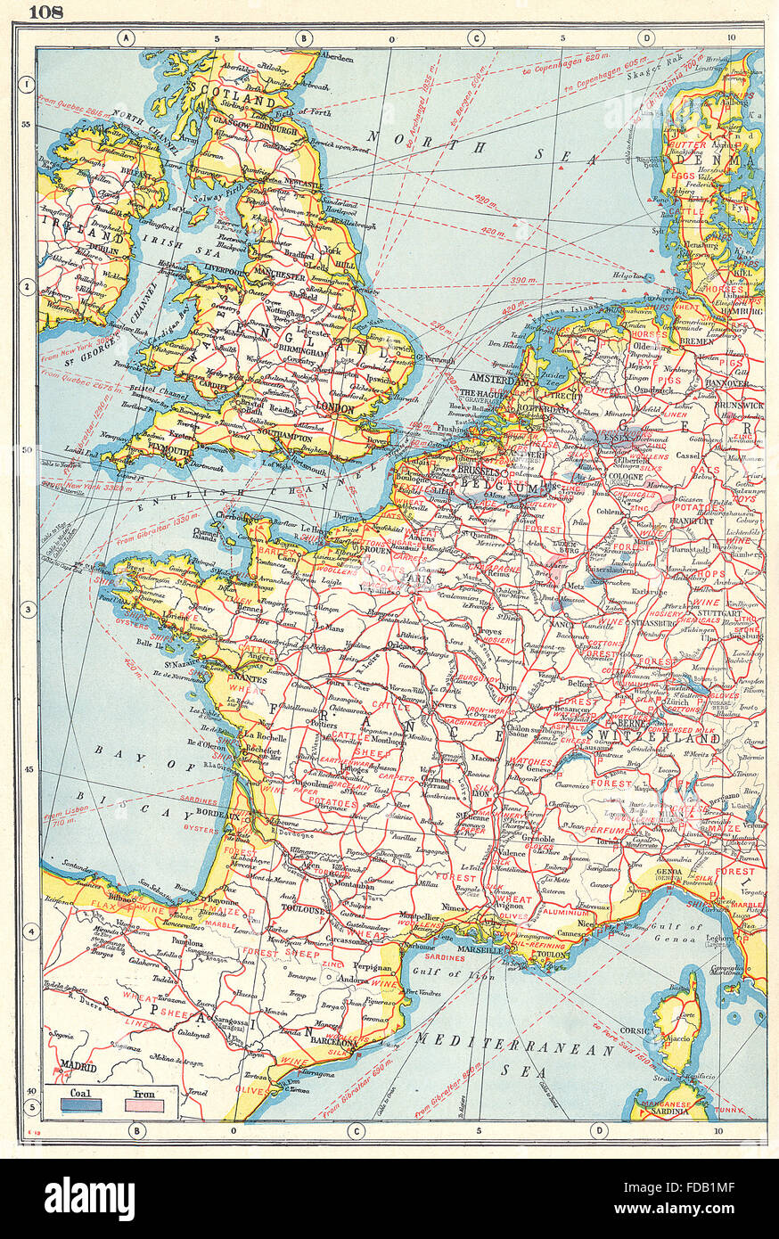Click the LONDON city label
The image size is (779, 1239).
tap(336, 409)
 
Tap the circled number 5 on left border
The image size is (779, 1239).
tap(28, 1108)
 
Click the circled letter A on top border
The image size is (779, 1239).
tap(125, 37)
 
